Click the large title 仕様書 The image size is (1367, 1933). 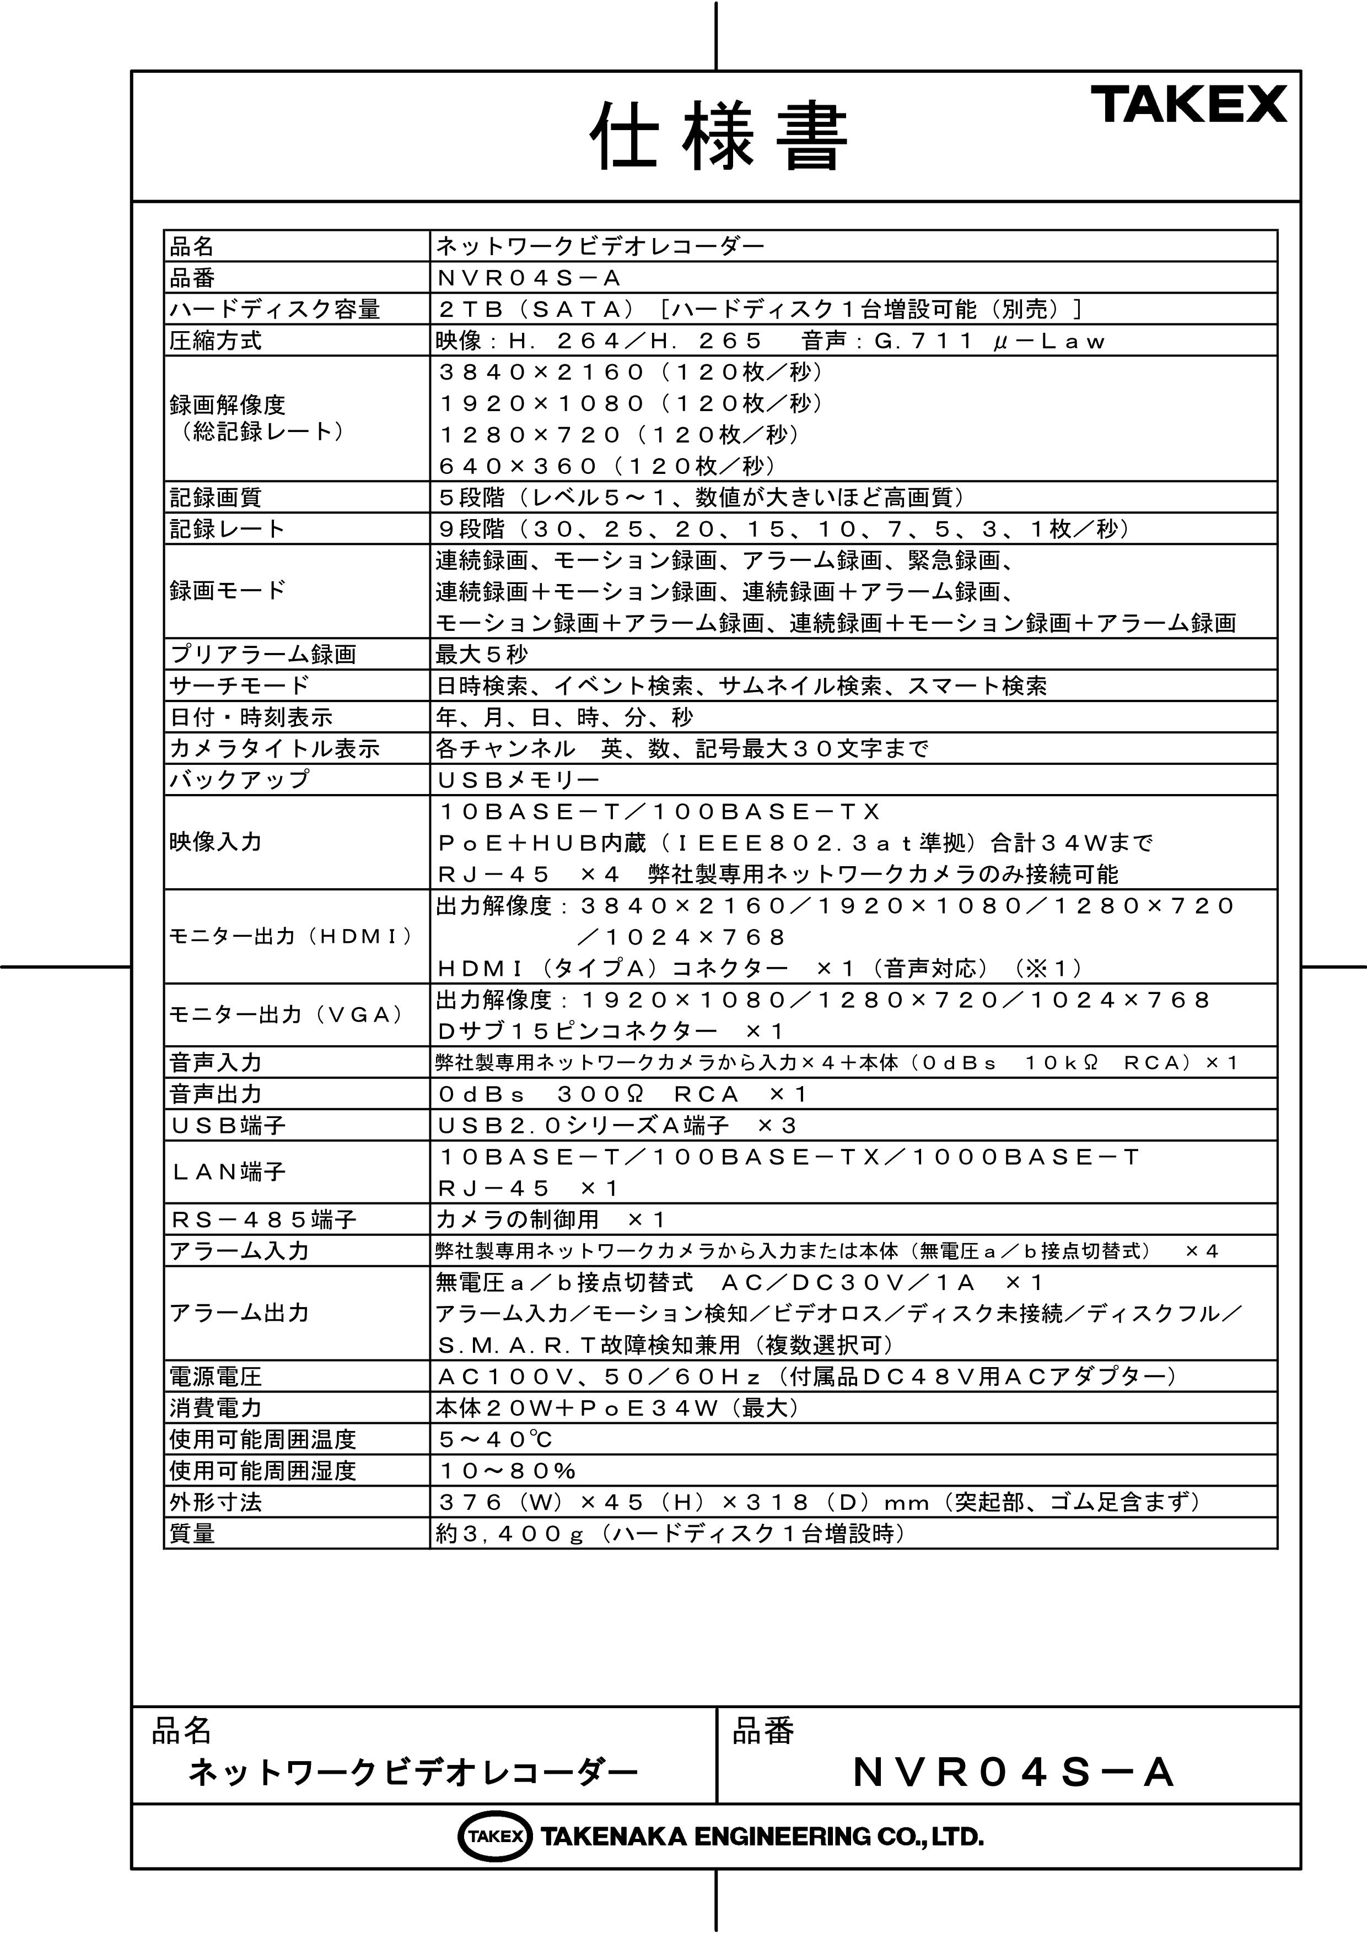click(718, 137)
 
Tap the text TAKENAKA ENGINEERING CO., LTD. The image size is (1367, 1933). click(761, 1836)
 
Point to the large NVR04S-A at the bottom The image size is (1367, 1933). click(1013, 1772)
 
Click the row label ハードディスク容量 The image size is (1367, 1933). click(275, 309)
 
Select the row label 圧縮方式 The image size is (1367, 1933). click(216, 340)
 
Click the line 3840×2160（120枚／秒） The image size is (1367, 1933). click(630, 371)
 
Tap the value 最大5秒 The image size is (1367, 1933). click(482, 654)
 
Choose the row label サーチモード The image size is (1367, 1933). click(239, 685)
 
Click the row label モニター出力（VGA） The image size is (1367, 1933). click(287, 1014)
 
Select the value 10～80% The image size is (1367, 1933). click(507, 1470)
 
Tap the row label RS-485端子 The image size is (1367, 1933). click(263, 1219)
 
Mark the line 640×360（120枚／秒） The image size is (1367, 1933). click(606, 466)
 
